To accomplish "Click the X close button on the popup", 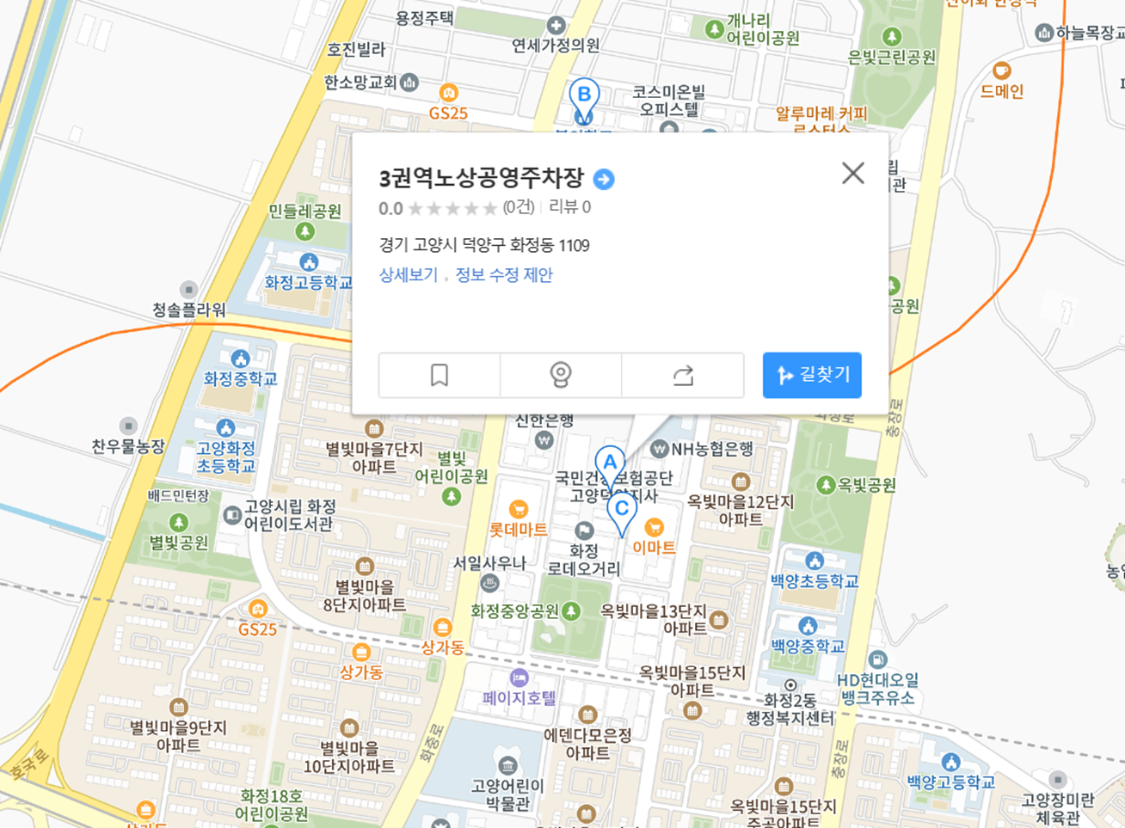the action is pyautogui.click(x=852, y=173).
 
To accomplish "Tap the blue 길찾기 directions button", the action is pyautogui.click(x=812, y=375).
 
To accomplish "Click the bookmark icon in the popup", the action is pyautogui.click(x=440, y=375).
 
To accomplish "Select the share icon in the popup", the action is pyautogui.click(x=683, y=375).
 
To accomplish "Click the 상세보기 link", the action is pyautogui.click(x=408, y=275).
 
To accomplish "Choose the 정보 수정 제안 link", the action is pyautogui.click(x=504, y=275).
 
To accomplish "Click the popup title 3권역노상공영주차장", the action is pyautogui.click(x=482, y=179).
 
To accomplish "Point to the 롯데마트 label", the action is pyautogui.click(x=519, y=530).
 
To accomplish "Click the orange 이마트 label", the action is pyautogui.click(x=654, y=547).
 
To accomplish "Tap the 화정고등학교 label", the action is pyautogui.click(x=308, y=283).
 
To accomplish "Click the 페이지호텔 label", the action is pyautogui.click(x=519, y=697).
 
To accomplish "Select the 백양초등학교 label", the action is pyautogui.click(x=815, y=581).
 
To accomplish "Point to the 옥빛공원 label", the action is pyautogui.click(x=867, y=486).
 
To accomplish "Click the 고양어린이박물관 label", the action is pyautogui.click(x=507, y=794).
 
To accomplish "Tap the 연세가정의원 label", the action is pyautogui.click(x=556, y=45).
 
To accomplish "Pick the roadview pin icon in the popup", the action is pyautogui.click(x=561, y=375).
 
